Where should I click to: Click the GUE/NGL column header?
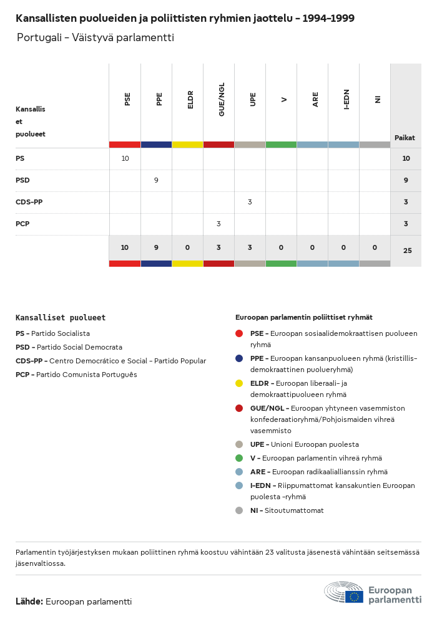(x=222, y=100)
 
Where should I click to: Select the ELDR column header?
(x=190, y=100)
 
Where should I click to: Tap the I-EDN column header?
(x=346, y=100)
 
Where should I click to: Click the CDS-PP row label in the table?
(x=29, y=202)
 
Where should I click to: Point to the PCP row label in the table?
(x=22, y=224)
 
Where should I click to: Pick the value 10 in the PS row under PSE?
(x=125, y=158)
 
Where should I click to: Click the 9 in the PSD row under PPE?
(x=156, y=180)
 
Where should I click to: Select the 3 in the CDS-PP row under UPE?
(x=250, y=202)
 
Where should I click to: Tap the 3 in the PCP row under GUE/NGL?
(x=219, y=224)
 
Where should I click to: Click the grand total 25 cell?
(x=408, y=251)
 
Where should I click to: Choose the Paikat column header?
(x=405, y=138)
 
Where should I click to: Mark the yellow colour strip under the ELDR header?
(x=187, y=145)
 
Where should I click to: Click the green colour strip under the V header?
(x=281, y=145)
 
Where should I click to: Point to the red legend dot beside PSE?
(x=239, y=333)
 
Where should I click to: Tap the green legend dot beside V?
(x=239, y=458)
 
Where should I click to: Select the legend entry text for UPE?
(x=305, y=444)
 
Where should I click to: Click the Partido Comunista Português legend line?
(x=76, y=375)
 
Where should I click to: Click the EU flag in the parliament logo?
(x=354, y=596)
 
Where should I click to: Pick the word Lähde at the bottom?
(x=29, y=601)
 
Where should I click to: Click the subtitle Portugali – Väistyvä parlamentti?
(x=96, y=37)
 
